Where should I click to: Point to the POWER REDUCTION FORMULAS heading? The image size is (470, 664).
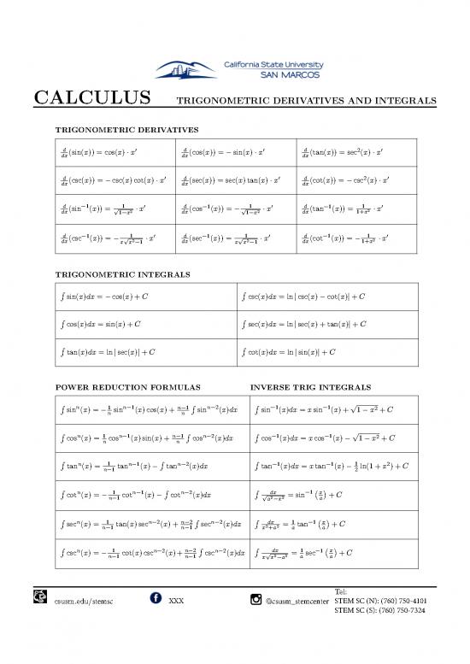pyautogui.click(x=126, y=385)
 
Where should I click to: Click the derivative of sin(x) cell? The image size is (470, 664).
pyautogui.click(x=111, y=152)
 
